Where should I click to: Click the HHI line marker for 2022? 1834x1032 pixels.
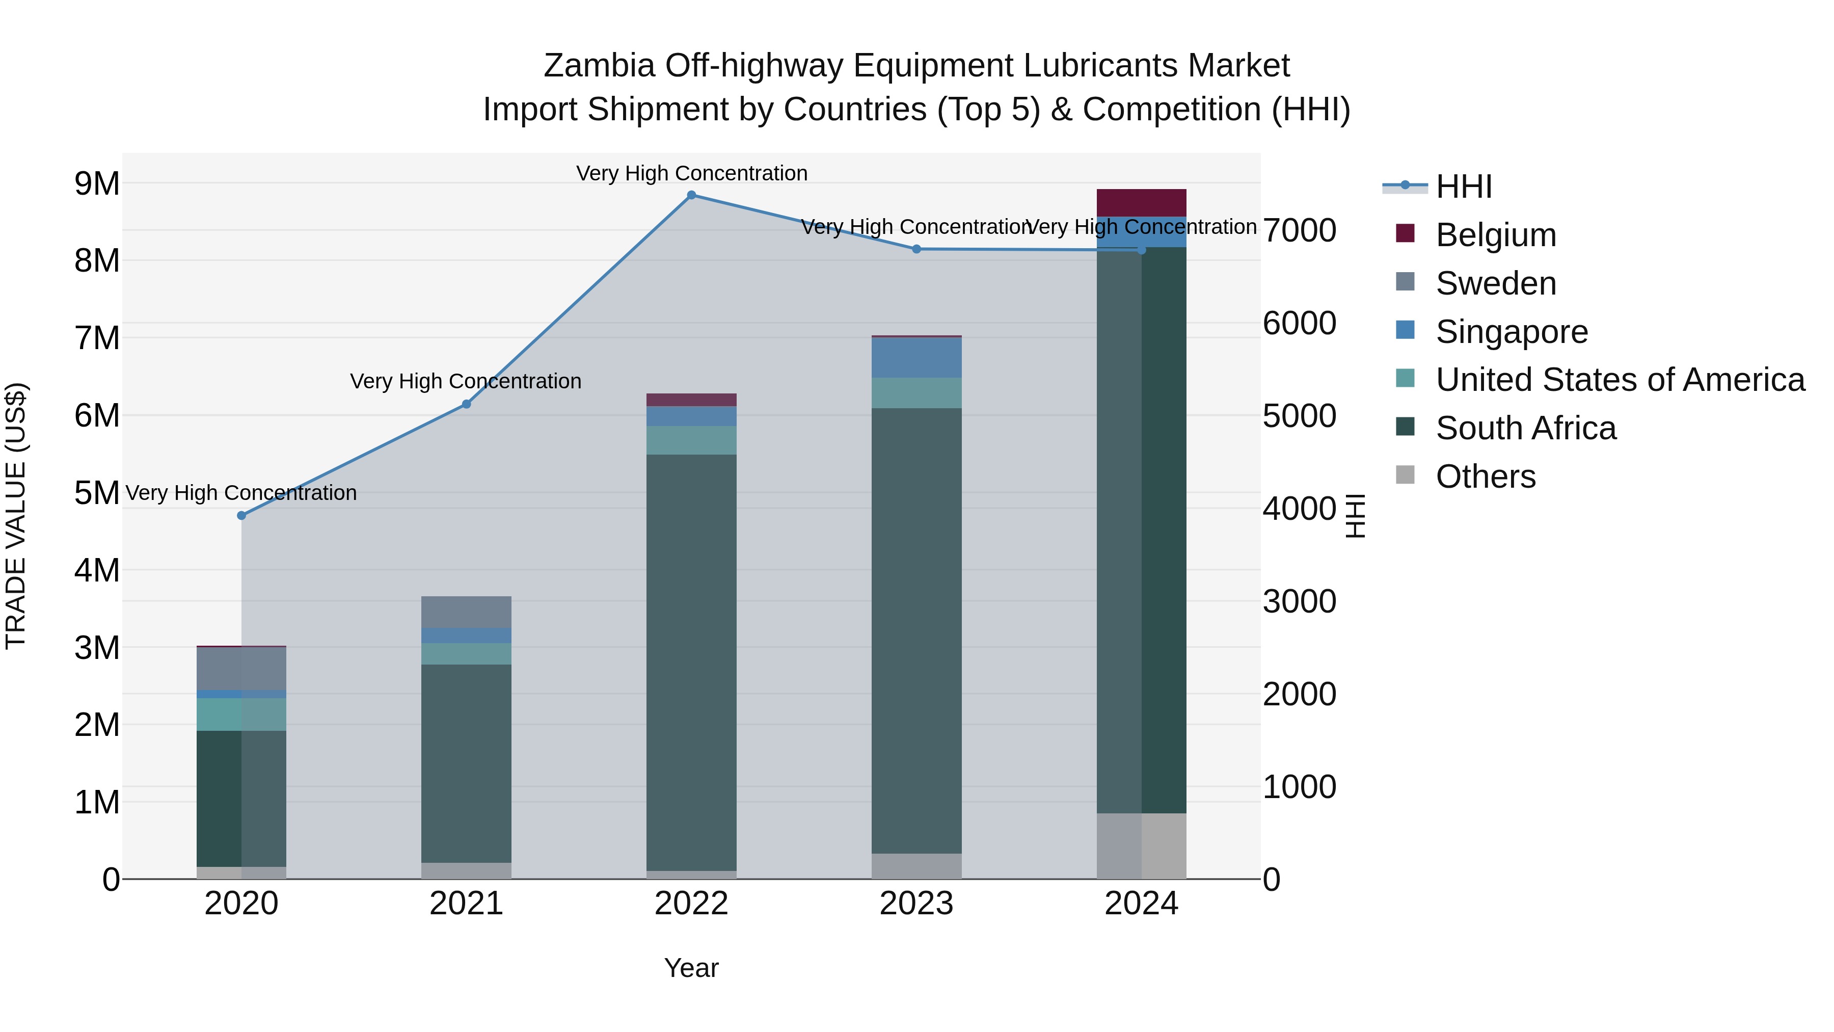pyautogui.click(x=691, y=195)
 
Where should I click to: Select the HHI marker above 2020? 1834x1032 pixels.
pyautogui.click(x=241, y=516)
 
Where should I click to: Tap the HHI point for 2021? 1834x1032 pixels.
pyautogui.click(x=466, y=405)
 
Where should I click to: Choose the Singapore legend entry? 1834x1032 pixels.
pyautogui.click(x=1511, y=332)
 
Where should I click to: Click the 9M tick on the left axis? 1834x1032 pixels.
pyautogui.click(x=97, y=184)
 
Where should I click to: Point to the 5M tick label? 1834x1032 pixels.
pyautogui.click(x=97, y=493)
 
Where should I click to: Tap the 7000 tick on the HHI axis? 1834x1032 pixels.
pyautogui.click(x=1299, y=231)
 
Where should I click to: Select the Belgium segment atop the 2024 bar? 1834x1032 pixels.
pyautogui.click(x=1141, y=203)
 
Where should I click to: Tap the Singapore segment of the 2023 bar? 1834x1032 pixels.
pyautogui.click(x=916, y=358)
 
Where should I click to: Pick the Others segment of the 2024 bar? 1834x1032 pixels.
pyautogui.click(x=1141, y=846)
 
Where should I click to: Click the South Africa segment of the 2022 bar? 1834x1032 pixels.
pyautogui.click(x=691, y=663)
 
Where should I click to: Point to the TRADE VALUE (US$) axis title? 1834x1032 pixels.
pyautogui.click(x=16, y=516)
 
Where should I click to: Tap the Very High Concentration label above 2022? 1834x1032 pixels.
pyautogui.click(x=691, y=174)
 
